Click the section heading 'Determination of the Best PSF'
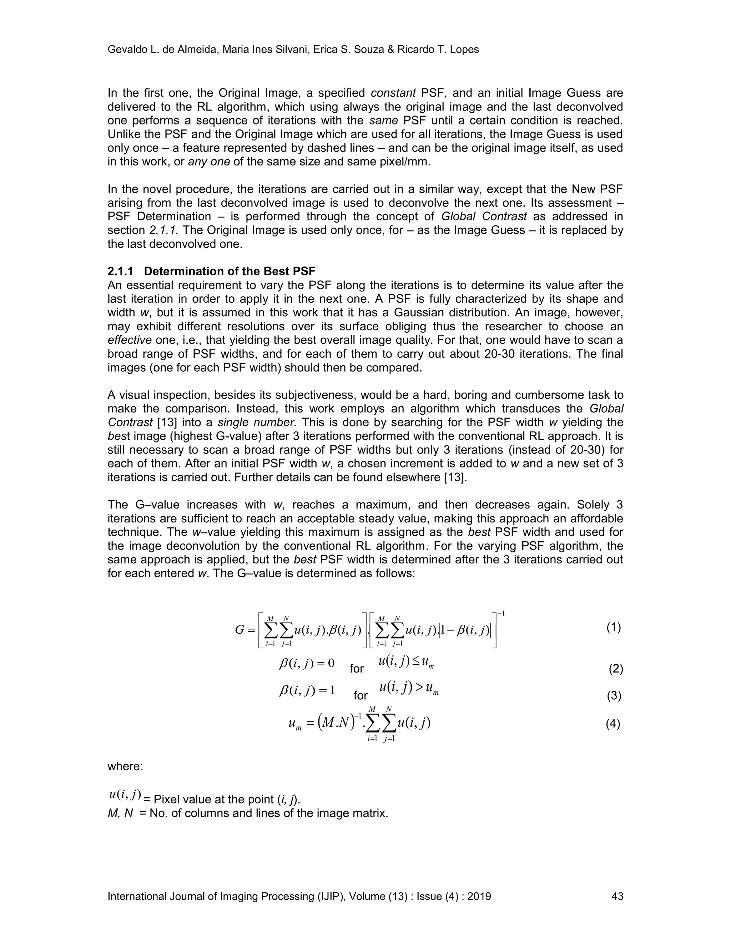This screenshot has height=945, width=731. tap(230, 271)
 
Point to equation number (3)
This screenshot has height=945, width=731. tap(614, 695)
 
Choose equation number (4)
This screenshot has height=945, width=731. tap(613, 724)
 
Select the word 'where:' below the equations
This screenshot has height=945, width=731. tap(125, 766)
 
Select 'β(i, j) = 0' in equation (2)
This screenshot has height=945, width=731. tap(307, 663)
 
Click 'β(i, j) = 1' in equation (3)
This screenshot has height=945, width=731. tap(307, 690)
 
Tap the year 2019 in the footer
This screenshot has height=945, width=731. tap(479, 896)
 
